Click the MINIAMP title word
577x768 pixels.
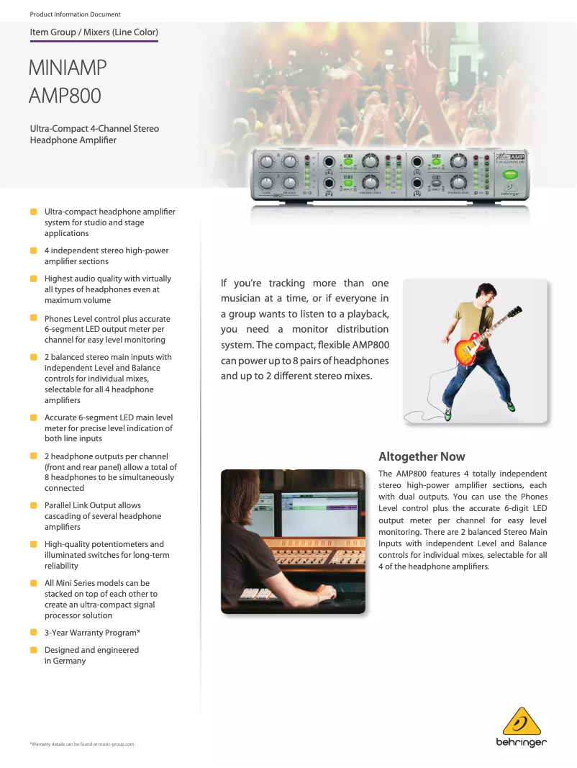point(68,68)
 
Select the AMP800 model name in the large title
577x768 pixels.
point(65,95)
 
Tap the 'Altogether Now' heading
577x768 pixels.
point(422,456)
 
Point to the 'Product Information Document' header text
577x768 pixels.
point(75,14)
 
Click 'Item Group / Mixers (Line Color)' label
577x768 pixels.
point(94,32)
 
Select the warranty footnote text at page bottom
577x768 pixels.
point(82,744)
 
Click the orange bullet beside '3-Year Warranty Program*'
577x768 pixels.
point(34,632)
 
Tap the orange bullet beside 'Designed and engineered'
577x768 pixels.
point(34,649)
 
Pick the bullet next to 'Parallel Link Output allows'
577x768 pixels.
point(34,505)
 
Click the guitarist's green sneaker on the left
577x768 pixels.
point(447,414)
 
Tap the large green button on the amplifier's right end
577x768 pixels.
point(511,174)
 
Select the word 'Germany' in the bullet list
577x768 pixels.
point(70,661)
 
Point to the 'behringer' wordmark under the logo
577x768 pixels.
point(521,743)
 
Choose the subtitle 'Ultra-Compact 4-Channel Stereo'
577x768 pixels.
point(94,128)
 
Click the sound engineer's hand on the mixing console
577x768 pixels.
point(326,590)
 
